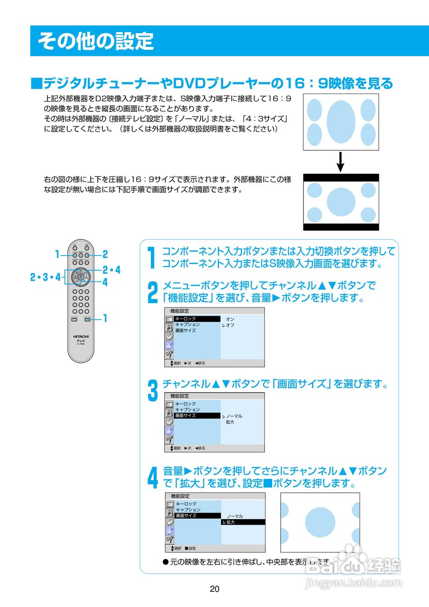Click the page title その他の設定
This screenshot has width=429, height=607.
pyautogui.click(x=96, y=41)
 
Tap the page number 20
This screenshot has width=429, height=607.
pyautogui.click(x=214, y=589)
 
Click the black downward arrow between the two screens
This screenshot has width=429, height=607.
pyautogui.click(x=340, y=162)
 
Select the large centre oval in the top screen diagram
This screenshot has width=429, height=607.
pyautogui.click(x=341, y=122)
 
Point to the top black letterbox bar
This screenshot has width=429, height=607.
pyautogui.click(x=341, y=177)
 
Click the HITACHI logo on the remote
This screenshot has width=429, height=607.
pyautogui.click(x=81, y=336)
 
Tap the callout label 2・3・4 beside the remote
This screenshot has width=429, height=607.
pyautogui.click(x=46, y=277)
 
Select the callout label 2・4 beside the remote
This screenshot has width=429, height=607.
pyautogui.click(x=111, y=270)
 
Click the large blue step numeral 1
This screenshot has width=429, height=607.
pyautogui.click(x=151, y=257)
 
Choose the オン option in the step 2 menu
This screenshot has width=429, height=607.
pyautogui.click(x=230, y=319)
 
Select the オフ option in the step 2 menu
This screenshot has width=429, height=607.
pyautogui.click(x=229, y=325)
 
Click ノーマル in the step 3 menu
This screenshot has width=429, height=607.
pyautogui.click(x=233, y=416)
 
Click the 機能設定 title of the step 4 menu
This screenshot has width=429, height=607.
pyautogui.click(x=180, y=496)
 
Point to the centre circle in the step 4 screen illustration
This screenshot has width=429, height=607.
pyautogui.click(x=320, y=522)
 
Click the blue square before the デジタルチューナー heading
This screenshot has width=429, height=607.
pyautogui.click(x=36, y=84)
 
